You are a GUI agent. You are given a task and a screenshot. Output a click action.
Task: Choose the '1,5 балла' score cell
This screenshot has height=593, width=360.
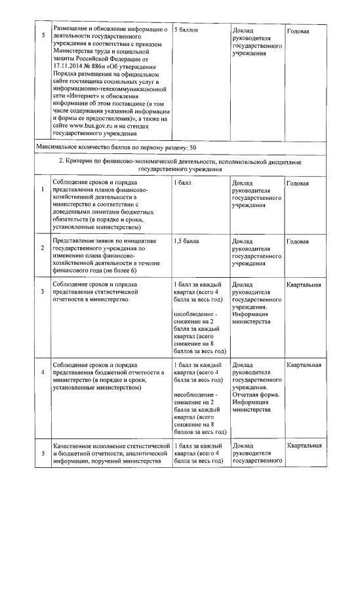[187, 241]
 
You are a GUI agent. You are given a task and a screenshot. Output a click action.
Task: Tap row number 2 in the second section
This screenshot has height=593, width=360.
[43, 248]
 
